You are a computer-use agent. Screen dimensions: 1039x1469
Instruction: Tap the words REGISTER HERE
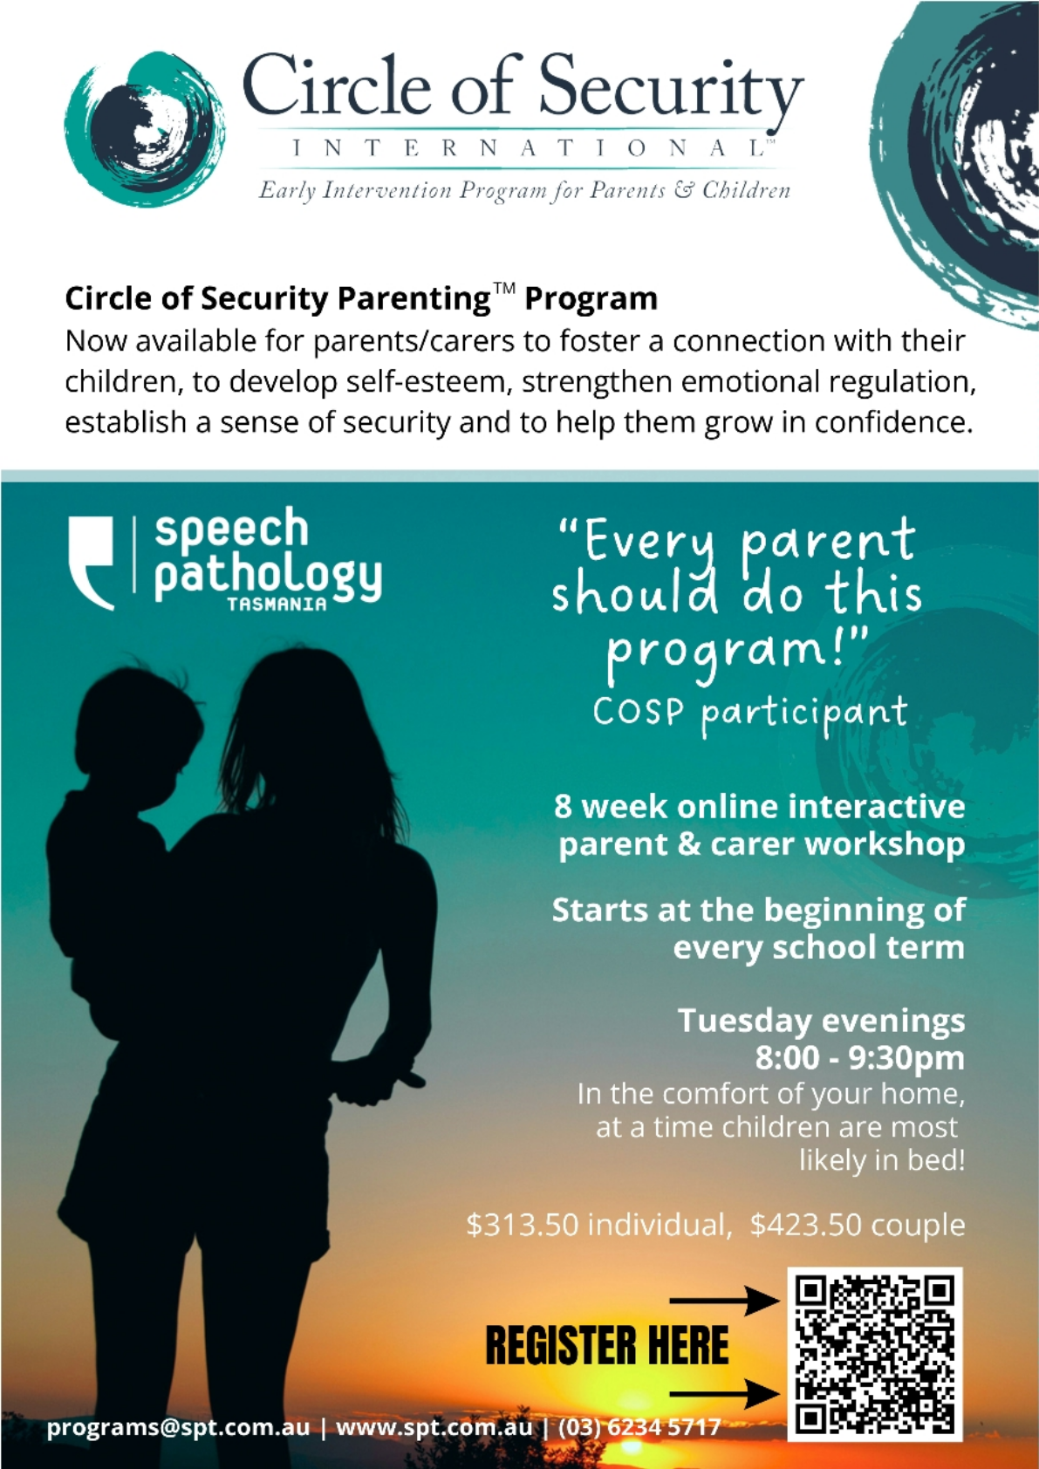pyautogui.click(x=607, y=1346)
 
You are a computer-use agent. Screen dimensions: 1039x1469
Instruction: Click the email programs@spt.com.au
pyautogui.click(x=178, y=1429)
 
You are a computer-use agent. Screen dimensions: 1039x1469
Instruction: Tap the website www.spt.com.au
pyautogui.click(x=434, y=1428)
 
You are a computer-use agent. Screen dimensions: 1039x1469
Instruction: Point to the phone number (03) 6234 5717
pyautogui.click(x=639, y=1428)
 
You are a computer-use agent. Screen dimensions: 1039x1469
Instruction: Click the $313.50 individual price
pyautogui.click(x=598, y=1225)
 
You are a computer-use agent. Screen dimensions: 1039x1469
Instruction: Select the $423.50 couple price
pyautogui.click(x=858, y=1225)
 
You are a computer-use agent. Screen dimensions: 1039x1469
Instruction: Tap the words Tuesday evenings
pyautogui.click(x=821, y=1021)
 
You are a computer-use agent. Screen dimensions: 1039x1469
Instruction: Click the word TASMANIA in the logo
pyautogui.click(x=277, y=604)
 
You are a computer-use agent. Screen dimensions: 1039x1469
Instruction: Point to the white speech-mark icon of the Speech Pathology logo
pyautogui.click(x=91, y=563)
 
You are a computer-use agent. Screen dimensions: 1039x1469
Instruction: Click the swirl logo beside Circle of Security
pyautogui.click(x=145, y=129)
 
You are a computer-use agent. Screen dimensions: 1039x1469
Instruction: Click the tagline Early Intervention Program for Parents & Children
pyautogui.click(x=525, y=190)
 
